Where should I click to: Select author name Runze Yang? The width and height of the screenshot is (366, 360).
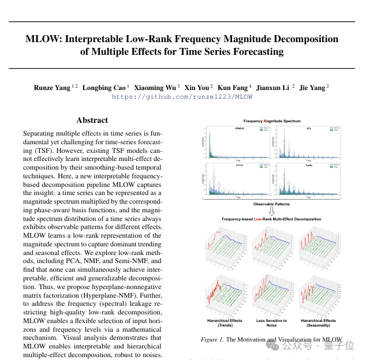tap(52, 88)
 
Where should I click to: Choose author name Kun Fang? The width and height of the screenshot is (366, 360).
tap(233, 88)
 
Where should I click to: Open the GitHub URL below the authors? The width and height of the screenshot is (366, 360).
tap(182, 97)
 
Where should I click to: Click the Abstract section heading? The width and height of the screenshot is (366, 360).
tap(92, 120)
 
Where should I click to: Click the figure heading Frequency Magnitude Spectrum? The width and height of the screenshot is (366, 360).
tap(272, 121)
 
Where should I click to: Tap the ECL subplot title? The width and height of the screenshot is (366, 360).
tap(309, 127)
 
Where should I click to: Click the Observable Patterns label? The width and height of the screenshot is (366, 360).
tap(271, 204)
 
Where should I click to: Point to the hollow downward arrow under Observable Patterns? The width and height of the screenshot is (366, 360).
tap(271, 211)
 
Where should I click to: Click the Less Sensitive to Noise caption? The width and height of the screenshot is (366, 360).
tap(271, 322)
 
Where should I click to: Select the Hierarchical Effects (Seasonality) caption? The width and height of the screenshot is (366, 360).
tap(318, 322)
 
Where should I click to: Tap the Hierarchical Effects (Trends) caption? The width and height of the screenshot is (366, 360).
tap(225, 322)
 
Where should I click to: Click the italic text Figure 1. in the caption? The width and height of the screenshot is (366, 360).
tap(212, 340)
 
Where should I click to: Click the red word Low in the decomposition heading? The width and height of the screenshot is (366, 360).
tap(259, 219)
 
